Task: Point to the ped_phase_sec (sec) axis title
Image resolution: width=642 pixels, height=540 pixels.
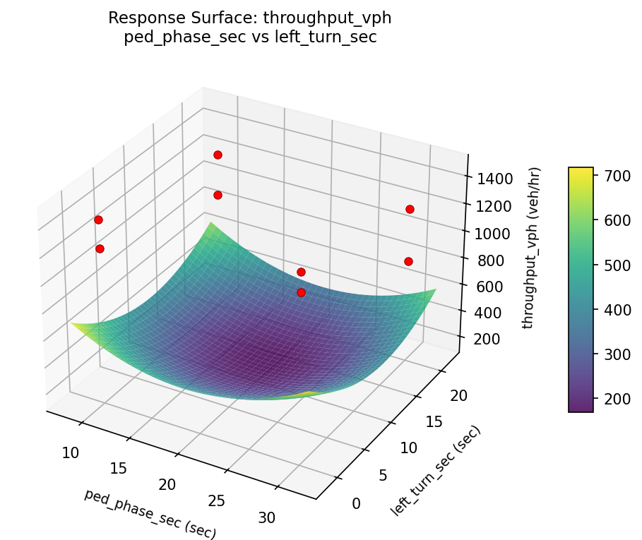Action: pos(150,513)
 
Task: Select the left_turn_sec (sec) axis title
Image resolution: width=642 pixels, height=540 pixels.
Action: pos(436,470)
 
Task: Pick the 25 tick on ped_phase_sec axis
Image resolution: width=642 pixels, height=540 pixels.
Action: pos(216,500)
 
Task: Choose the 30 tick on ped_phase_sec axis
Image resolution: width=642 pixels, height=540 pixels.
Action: pos(266,517)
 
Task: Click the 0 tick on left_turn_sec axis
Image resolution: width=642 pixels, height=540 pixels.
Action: pos(355,503)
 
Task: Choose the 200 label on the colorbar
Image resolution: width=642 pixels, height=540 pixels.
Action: pos(613,399)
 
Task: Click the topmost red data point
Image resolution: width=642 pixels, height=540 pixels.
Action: pos(218,155)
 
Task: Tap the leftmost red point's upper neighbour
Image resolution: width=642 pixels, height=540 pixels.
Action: pos(98,220)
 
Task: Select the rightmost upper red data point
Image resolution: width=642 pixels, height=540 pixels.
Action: pos(410,209)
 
